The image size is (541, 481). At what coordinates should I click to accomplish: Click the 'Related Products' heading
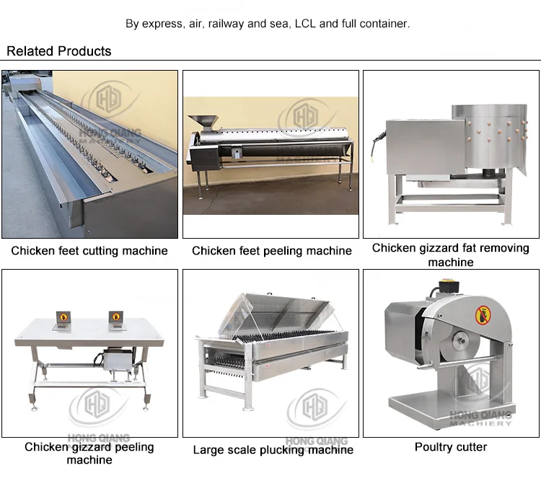click(59, 51)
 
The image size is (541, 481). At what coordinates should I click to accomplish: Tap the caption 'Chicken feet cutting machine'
click(89, 251)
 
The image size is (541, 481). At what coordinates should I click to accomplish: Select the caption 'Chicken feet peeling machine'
click(272, 251)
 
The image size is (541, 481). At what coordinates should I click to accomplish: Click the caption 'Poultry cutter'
click(451, 447)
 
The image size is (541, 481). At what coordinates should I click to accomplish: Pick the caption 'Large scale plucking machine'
click(273, 450)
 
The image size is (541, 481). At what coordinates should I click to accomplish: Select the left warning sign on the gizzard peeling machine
click(63, 318)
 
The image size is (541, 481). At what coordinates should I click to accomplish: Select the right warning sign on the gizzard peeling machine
click(115, 318)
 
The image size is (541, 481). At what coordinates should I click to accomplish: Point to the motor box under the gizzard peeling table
click(116, 360)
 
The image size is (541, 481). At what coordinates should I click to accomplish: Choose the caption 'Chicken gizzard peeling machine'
click(89, 453)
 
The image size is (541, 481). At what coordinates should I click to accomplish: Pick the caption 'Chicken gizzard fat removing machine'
click(451, 255)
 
